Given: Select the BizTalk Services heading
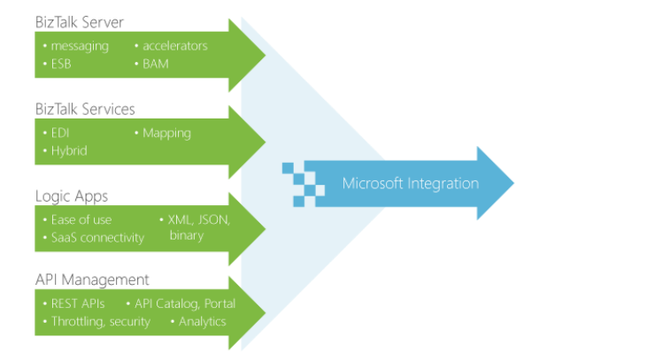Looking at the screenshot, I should pos(85,109).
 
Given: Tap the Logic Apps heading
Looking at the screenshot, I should pos(72,195).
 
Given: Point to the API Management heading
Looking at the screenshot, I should pos(92,280).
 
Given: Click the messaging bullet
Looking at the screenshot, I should pos(79,46).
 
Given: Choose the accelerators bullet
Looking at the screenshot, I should pos(173,46).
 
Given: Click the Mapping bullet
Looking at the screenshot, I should pos(166,133).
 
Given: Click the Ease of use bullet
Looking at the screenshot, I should pos(80,218).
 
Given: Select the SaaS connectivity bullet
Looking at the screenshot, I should pos(96,236).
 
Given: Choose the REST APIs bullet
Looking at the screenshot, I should pos(76,303).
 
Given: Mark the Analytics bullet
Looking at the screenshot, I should pos(201,321).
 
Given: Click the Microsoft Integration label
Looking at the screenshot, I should pos(411,184).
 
